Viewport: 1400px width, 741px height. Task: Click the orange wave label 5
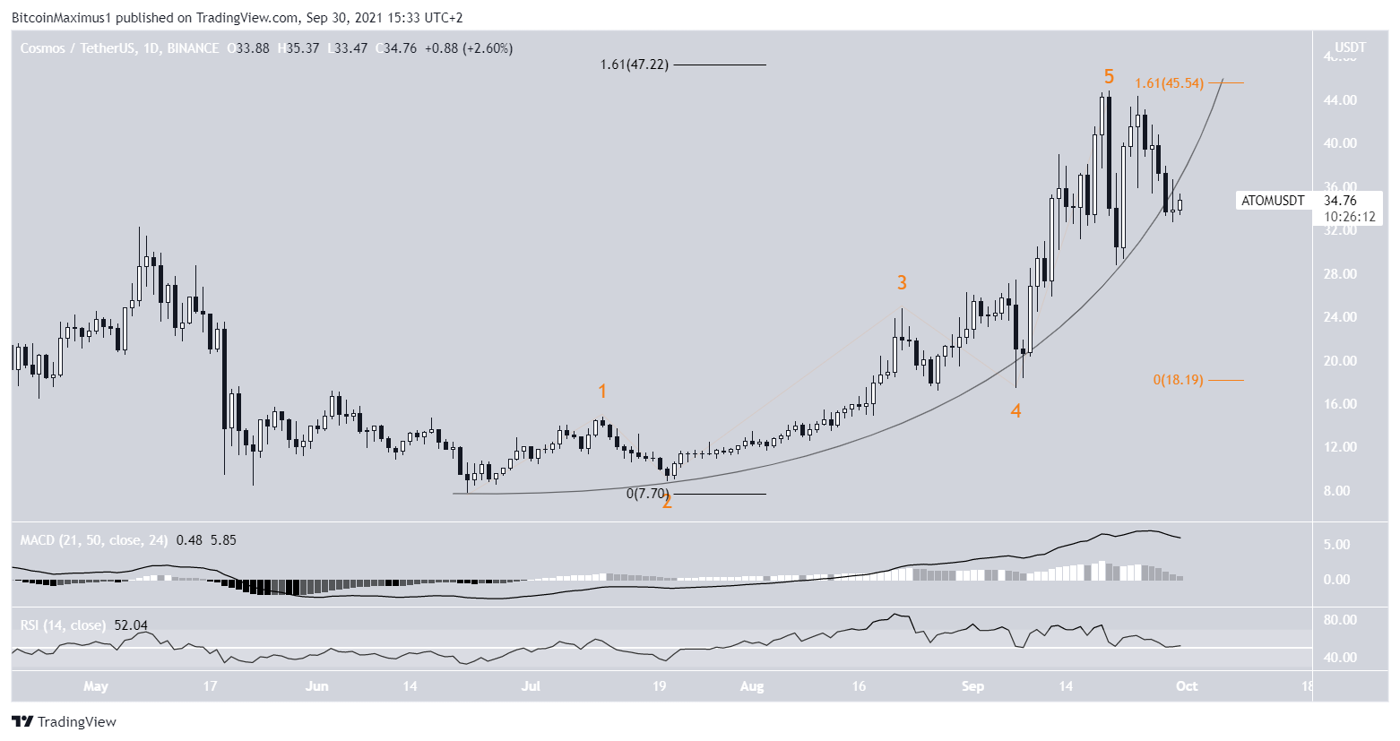tap(1109, 76)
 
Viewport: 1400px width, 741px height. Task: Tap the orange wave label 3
tap(902, 283)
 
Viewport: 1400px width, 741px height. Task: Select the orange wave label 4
tap(1015, 410)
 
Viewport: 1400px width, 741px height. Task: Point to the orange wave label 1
tap(602, 392)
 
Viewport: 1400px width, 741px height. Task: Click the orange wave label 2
tap(667, 502)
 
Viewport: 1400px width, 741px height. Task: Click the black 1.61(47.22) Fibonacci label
tap(635, 65)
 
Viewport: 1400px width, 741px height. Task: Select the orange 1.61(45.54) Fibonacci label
tap(1169, 83)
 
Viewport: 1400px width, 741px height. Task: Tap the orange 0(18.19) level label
tap(1178, 380)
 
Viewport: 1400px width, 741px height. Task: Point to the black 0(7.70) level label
tap(647, 493)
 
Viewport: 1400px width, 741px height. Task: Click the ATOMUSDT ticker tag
tap(1273, 201)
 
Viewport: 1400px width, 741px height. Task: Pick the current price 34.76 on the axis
tap(1340, 201)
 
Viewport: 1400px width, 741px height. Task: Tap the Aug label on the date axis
tap(752, 686)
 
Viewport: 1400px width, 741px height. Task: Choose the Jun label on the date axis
tap(316, 686)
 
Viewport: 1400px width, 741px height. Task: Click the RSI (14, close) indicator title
tap(63, 625)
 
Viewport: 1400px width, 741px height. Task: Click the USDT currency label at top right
tap(1350, 47)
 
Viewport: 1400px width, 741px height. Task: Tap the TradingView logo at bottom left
tap(65, 722)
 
